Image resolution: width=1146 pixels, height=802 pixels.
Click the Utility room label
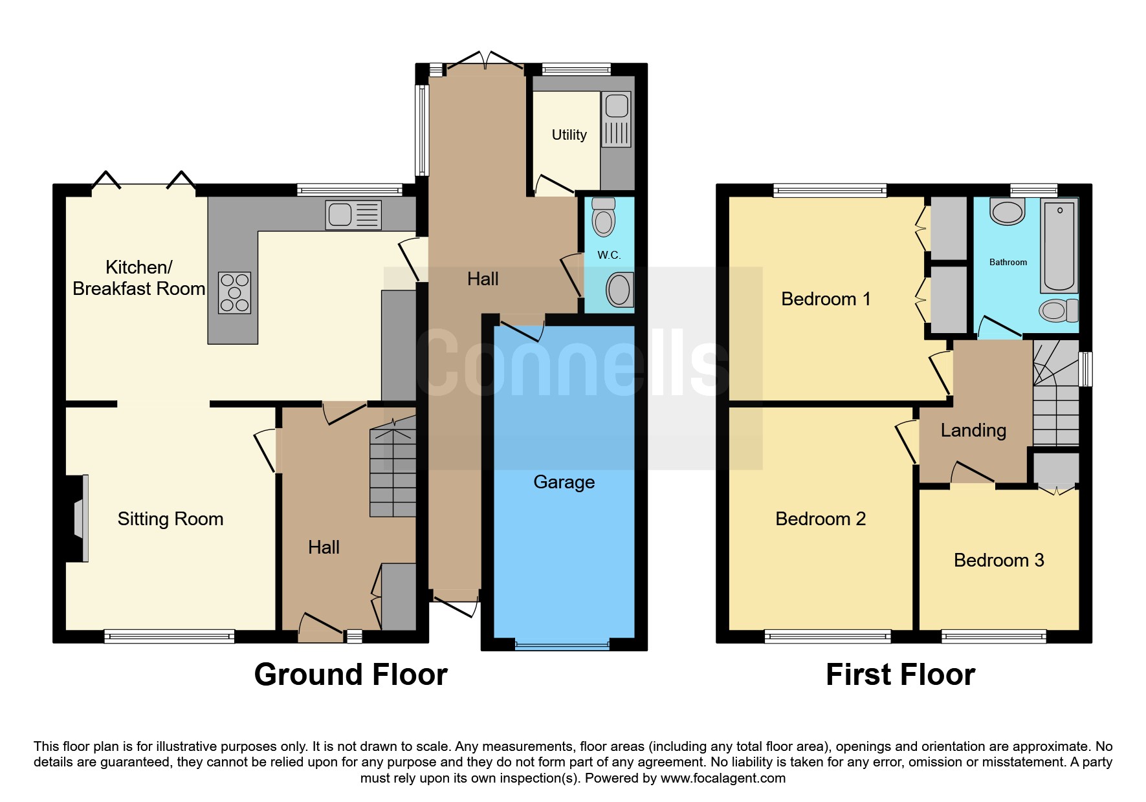[x=569, y=135]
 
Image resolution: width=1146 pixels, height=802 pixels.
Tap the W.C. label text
[x=609, y=255]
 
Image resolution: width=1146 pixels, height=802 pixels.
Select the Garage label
[x=564, y=482]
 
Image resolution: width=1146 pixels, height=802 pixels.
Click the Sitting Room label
[x=170, y=519]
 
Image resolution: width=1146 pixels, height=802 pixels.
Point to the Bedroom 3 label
[x=998, y=560]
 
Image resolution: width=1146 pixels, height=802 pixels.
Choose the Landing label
[x=973, y=430]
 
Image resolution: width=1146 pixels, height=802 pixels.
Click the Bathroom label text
[x=1008, y=262]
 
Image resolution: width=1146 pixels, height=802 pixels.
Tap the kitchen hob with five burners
[x=234, y=293]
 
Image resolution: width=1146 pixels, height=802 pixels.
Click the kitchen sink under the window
[x=353, y=215]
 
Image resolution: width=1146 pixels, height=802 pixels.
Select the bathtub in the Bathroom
[x=1059, y=245]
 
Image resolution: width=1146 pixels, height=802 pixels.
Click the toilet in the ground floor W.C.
[x=604, y=217]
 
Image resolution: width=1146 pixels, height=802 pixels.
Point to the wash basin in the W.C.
[x=619, y=289]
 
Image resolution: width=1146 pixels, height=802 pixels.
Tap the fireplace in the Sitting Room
[x=79, y=518]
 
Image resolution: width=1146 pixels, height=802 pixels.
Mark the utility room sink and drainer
[x=616, y=120]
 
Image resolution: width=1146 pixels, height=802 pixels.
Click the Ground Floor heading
[x=351, y=675]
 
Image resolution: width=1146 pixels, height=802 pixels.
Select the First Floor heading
[x=900, y=675]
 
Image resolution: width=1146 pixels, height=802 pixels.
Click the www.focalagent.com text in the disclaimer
[x=723, y=778]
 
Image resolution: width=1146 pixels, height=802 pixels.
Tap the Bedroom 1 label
[x=826, y=299]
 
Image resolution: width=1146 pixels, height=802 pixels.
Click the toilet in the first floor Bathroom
[x=1059, y=310]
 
